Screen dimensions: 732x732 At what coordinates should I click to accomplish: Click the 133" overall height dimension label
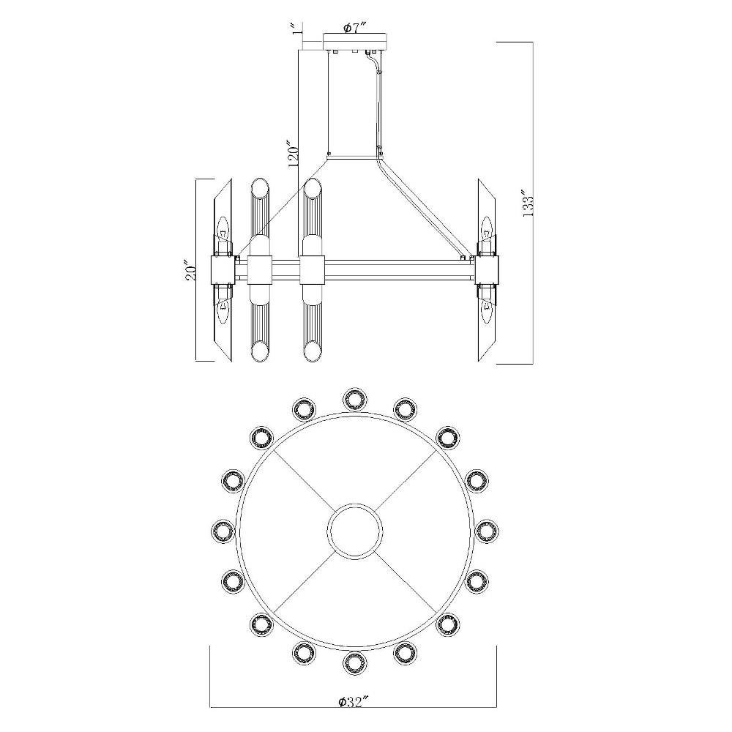tap(528, 203)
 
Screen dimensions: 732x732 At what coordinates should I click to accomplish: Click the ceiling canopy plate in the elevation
tap(355, 40)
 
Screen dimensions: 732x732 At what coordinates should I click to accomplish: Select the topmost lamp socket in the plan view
tap(355, 398)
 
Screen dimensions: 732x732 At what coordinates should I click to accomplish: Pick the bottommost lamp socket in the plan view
tap(355, 662)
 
